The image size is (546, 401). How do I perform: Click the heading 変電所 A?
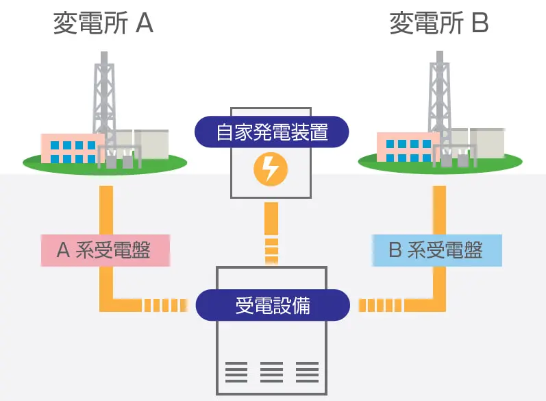103,23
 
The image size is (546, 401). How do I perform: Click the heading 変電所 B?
439,23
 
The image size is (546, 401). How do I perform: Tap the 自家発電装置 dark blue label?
271,132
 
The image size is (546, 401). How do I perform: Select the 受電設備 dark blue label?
273,305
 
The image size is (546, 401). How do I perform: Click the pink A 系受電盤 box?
106,250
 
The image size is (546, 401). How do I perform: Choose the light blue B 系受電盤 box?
436,250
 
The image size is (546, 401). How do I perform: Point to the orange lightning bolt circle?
271,169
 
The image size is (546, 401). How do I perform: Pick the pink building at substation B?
408,147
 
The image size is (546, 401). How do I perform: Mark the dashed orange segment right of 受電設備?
380,305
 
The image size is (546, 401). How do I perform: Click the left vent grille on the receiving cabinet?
236,372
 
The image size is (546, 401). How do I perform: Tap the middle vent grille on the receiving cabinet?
271,372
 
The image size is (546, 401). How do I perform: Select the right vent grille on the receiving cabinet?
307,372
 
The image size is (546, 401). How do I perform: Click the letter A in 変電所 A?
145,23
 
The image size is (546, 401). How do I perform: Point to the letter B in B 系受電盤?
395,250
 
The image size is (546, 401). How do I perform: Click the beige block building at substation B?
487,143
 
